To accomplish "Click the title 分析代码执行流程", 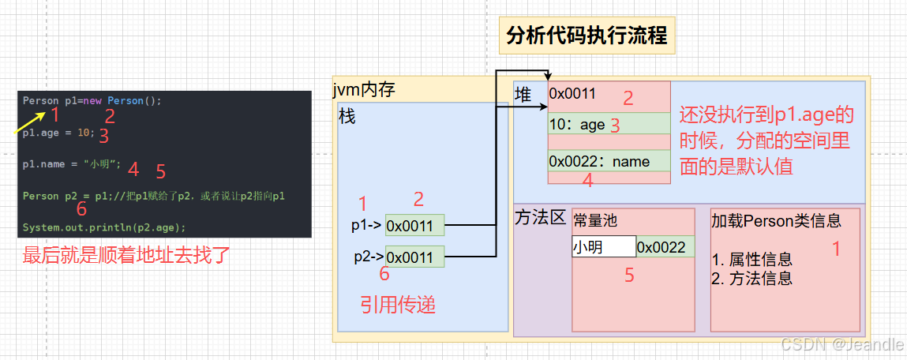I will (587, 36).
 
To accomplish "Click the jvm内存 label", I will (364, 90).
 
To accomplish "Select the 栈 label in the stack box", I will (347, 117).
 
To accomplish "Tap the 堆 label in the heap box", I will (523, 95).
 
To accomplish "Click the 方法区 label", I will (541, 217).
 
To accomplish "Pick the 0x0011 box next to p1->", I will (414, 226).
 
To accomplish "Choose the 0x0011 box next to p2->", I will (414, 257).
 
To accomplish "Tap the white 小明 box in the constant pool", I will (604, 247).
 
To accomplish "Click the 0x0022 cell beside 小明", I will (665, 247).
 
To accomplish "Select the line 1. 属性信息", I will (751, 259).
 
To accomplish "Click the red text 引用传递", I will (398, 305).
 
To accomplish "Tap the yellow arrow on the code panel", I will (28, 122).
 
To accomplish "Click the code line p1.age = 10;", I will (58, 133).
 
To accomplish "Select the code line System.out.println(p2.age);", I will (104, 227).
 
